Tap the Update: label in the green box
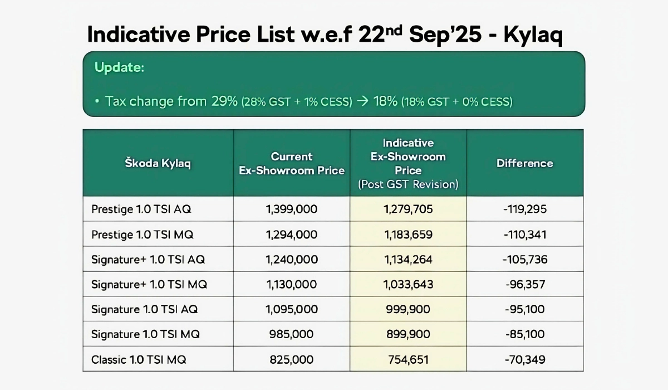(x=119, y=68)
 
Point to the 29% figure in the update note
(x=224, y=101)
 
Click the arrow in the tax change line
(x=362, y=101)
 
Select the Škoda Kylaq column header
(x=157, y=163)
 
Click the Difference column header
(x=524, y=163)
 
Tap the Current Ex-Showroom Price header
(x=292, y=163)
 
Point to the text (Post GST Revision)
(x=408, y=184)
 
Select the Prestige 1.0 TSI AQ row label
(x=141, y=209)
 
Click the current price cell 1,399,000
(x=292, y=209)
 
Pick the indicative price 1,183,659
(x=408, y=235)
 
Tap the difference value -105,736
(x=524, y=260)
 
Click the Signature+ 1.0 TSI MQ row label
(x=149, y=285)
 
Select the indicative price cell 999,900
(x=408, y=309)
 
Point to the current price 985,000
(x=292, y=334)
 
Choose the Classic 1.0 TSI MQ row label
(x=139, y=360)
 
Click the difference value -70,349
(x=524, y=360)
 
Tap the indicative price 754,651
(x=408, y=360)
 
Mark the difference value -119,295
(x=524, y=209)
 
